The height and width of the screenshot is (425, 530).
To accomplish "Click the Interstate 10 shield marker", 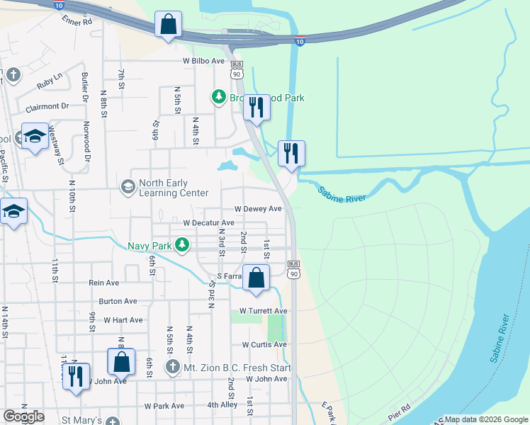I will coord(300,42).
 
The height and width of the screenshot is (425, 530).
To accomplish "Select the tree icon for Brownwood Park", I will coord(219,97).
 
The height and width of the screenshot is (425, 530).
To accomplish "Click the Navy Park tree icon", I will coord(183,246).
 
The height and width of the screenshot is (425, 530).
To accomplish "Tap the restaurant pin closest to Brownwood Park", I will coord(256,108).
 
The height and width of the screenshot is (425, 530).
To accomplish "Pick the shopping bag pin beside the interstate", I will coord(168,25).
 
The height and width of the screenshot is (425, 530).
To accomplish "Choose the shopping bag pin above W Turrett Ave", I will coord(256,278).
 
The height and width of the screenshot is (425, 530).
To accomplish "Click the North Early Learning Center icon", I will coord(128,187).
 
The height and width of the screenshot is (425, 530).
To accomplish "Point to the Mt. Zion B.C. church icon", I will coord(172,367).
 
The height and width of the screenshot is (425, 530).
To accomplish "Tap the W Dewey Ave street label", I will coord(258,209).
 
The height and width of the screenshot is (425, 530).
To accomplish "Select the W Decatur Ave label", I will coord(208,222).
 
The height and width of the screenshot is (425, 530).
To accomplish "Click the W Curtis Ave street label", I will coord(264,345).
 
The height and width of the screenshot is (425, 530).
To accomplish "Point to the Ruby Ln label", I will coord(50,82).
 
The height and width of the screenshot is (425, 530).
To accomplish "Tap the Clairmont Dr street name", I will coord(47,107).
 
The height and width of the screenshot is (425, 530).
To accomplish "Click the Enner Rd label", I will coord(77,21).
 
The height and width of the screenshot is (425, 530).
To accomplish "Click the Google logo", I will coord(23,416).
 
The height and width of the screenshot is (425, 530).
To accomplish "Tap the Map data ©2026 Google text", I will coord(486,419).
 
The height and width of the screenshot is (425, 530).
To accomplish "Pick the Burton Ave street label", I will coord(118,301).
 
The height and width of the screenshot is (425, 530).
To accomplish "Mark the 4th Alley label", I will coord(222,405).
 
